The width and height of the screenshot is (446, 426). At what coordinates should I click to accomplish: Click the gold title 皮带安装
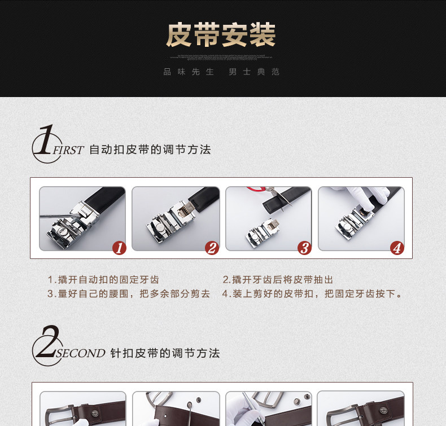[221, 34]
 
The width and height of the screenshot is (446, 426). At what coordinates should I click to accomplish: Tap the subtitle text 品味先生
[189, 72]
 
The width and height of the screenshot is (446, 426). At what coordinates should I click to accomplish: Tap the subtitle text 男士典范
[254, 72]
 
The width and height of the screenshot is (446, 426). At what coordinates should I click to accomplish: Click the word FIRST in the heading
[68, 150]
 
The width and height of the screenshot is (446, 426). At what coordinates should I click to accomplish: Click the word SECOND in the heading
[81, 353]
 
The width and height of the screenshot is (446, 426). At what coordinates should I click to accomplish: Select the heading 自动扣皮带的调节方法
[150, 150]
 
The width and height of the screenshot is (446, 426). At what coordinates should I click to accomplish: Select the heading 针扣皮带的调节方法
[165, 353]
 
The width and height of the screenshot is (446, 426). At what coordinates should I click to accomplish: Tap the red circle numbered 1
[119, 248]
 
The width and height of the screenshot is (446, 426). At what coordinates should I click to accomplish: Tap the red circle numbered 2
[212, 248]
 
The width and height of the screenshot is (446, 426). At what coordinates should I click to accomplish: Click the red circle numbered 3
[304, 248]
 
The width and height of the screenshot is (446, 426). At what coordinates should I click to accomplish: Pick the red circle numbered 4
[397, 248]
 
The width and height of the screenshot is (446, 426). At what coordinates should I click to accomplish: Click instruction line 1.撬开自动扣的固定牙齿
[103, 280]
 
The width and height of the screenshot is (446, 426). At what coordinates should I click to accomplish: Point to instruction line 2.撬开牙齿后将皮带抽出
[278, 280]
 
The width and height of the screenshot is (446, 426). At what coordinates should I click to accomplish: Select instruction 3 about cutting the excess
[129, 293]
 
